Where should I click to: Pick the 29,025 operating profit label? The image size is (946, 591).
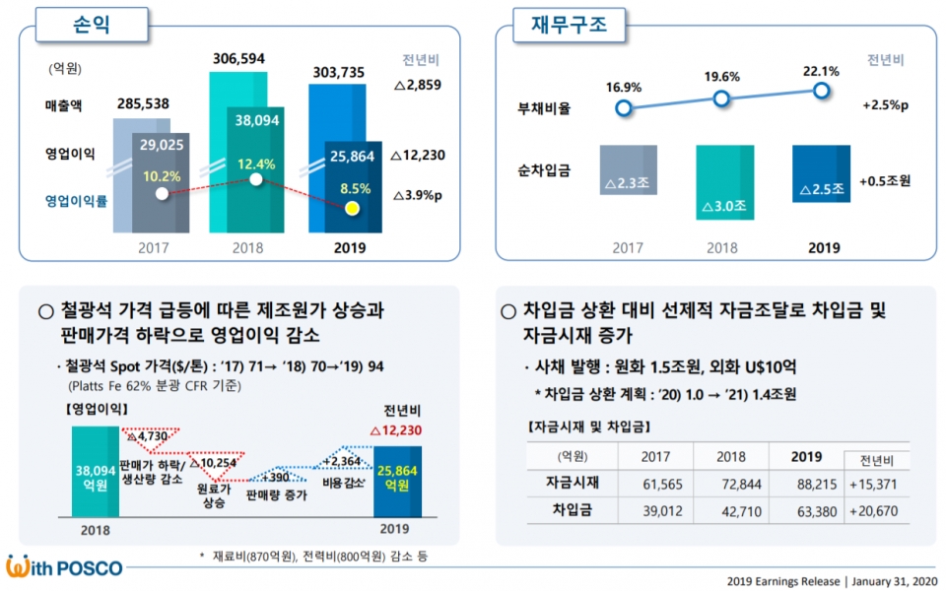pos(163,145)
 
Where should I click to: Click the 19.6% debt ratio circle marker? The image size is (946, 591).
pos(721,98)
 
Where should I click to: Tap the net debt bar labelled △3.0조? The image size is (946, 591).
pos(722,182)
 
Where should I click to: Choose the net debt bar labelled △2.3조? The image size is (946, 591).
pos(628,169)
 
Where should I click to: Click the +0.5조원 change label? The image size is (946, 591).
pos(884,181)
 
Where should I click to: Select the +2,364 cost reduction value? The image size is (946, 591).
pos(342,460)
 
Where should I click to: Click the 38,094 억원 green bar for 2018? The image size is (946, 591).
pos(96,471)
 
